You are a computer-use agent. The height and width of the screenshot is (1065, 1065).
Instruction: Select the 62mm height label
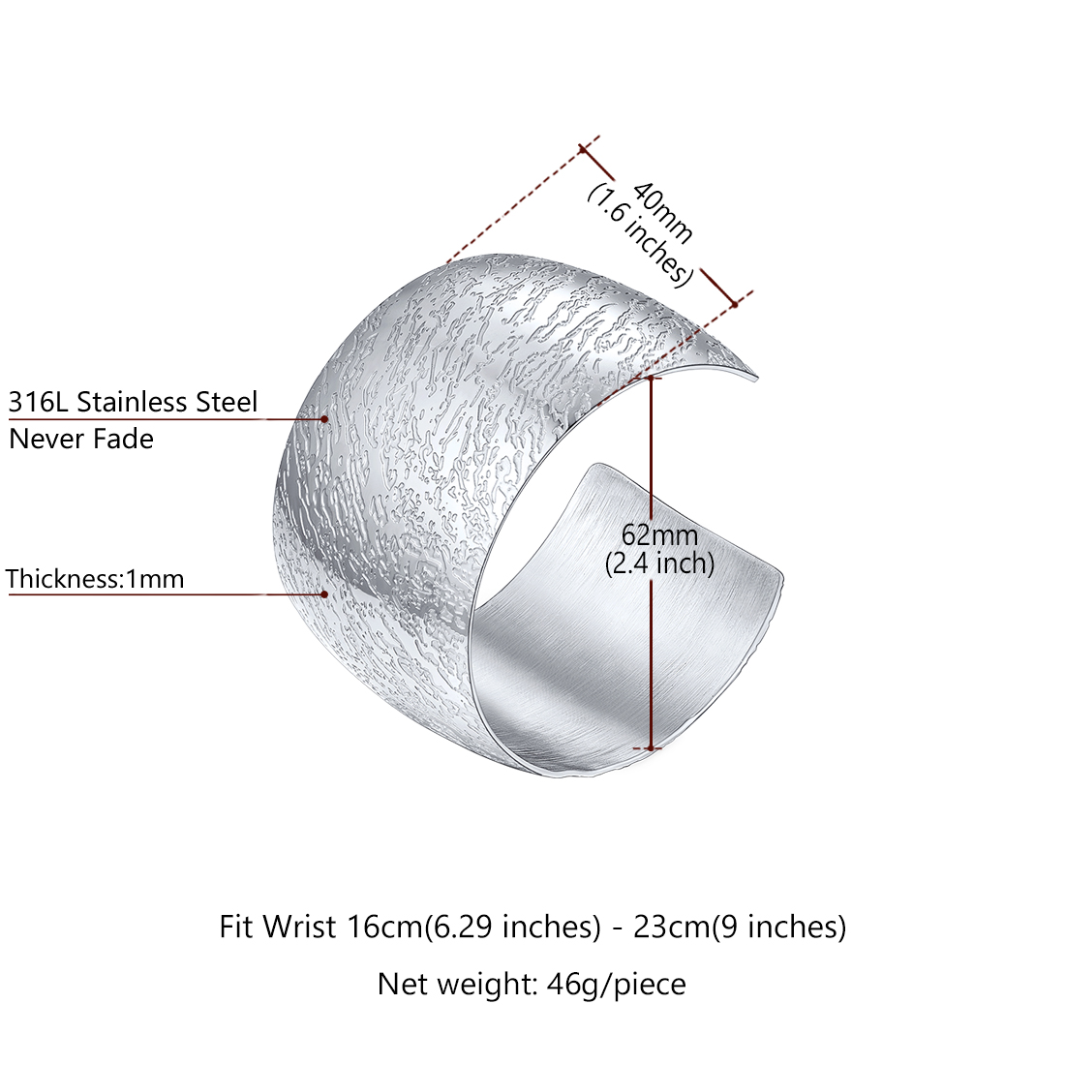(659, 535)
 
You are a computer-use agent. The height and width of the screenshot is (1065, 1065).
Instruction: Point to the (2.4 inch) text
(659, 563)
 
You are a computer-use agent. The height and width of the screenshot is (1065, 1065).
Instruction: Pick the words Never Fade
(81, 440)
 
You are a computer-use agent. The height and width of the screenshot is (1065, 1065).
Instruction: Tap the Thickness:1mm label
(95, 579)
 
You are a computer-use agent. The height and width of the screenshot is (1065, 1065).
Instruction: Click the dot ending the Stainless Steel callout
(325, 419)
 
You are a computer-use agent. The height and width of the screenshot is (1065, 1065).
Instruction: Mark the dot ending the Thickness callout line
(324, 593)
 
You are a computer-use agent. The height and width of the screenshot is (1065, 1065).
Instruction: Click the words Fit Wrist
(277, 928)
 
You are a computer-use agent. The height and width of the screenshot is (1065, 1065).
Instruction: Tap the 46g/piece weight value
(617, 985)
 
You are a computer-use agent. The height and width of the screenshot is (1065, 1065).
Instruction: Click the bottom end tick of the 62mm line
(652, 748)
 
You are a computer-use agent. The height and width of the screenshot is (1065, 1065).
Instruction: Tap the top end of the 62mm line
(652, 378)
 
